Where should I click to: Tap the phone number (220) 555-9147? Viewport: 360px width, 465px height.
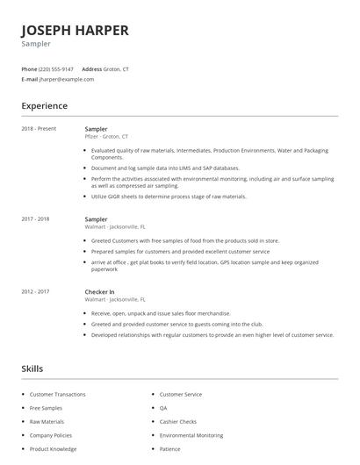coord(56,68)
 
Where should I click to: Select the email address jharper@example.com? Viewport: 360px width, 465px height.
coord(66,79)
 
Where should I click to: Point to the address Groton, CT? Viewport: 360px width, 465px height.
coord(116,68)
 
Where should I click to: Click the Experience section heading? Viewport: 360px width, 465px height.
coord(44,106)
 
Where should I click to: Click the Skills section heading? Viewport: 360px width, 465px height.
coord(32,368)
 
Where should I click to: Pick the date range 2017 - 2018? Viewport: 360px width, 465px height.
coord(35,219)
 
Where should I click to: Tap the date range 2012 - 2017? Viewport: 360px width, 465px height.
coord(35,291)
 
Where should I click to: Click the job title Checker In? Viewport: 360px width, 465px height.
coord(99,291)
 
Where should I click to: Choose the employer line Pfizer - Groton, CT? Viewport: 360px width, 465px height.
coord(106,137)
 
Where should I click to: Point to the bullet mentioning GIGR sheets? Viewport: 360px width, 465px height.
coord(169,197)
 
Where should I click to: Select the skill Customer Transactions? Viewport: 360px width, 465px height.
coord(58,394)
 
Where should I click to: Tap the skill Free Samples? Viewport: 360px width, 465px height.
coord(47,408)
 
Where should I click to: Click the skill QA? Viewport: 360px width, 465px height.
coord(163,408)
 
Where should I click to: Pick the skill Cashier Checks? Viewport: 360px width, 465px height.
coord(178,421)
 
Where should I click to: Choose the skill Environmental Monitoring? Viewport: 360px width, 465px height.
coord(191,435)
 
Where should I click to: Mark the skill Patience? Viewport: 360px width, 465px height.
coord(169,449)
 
